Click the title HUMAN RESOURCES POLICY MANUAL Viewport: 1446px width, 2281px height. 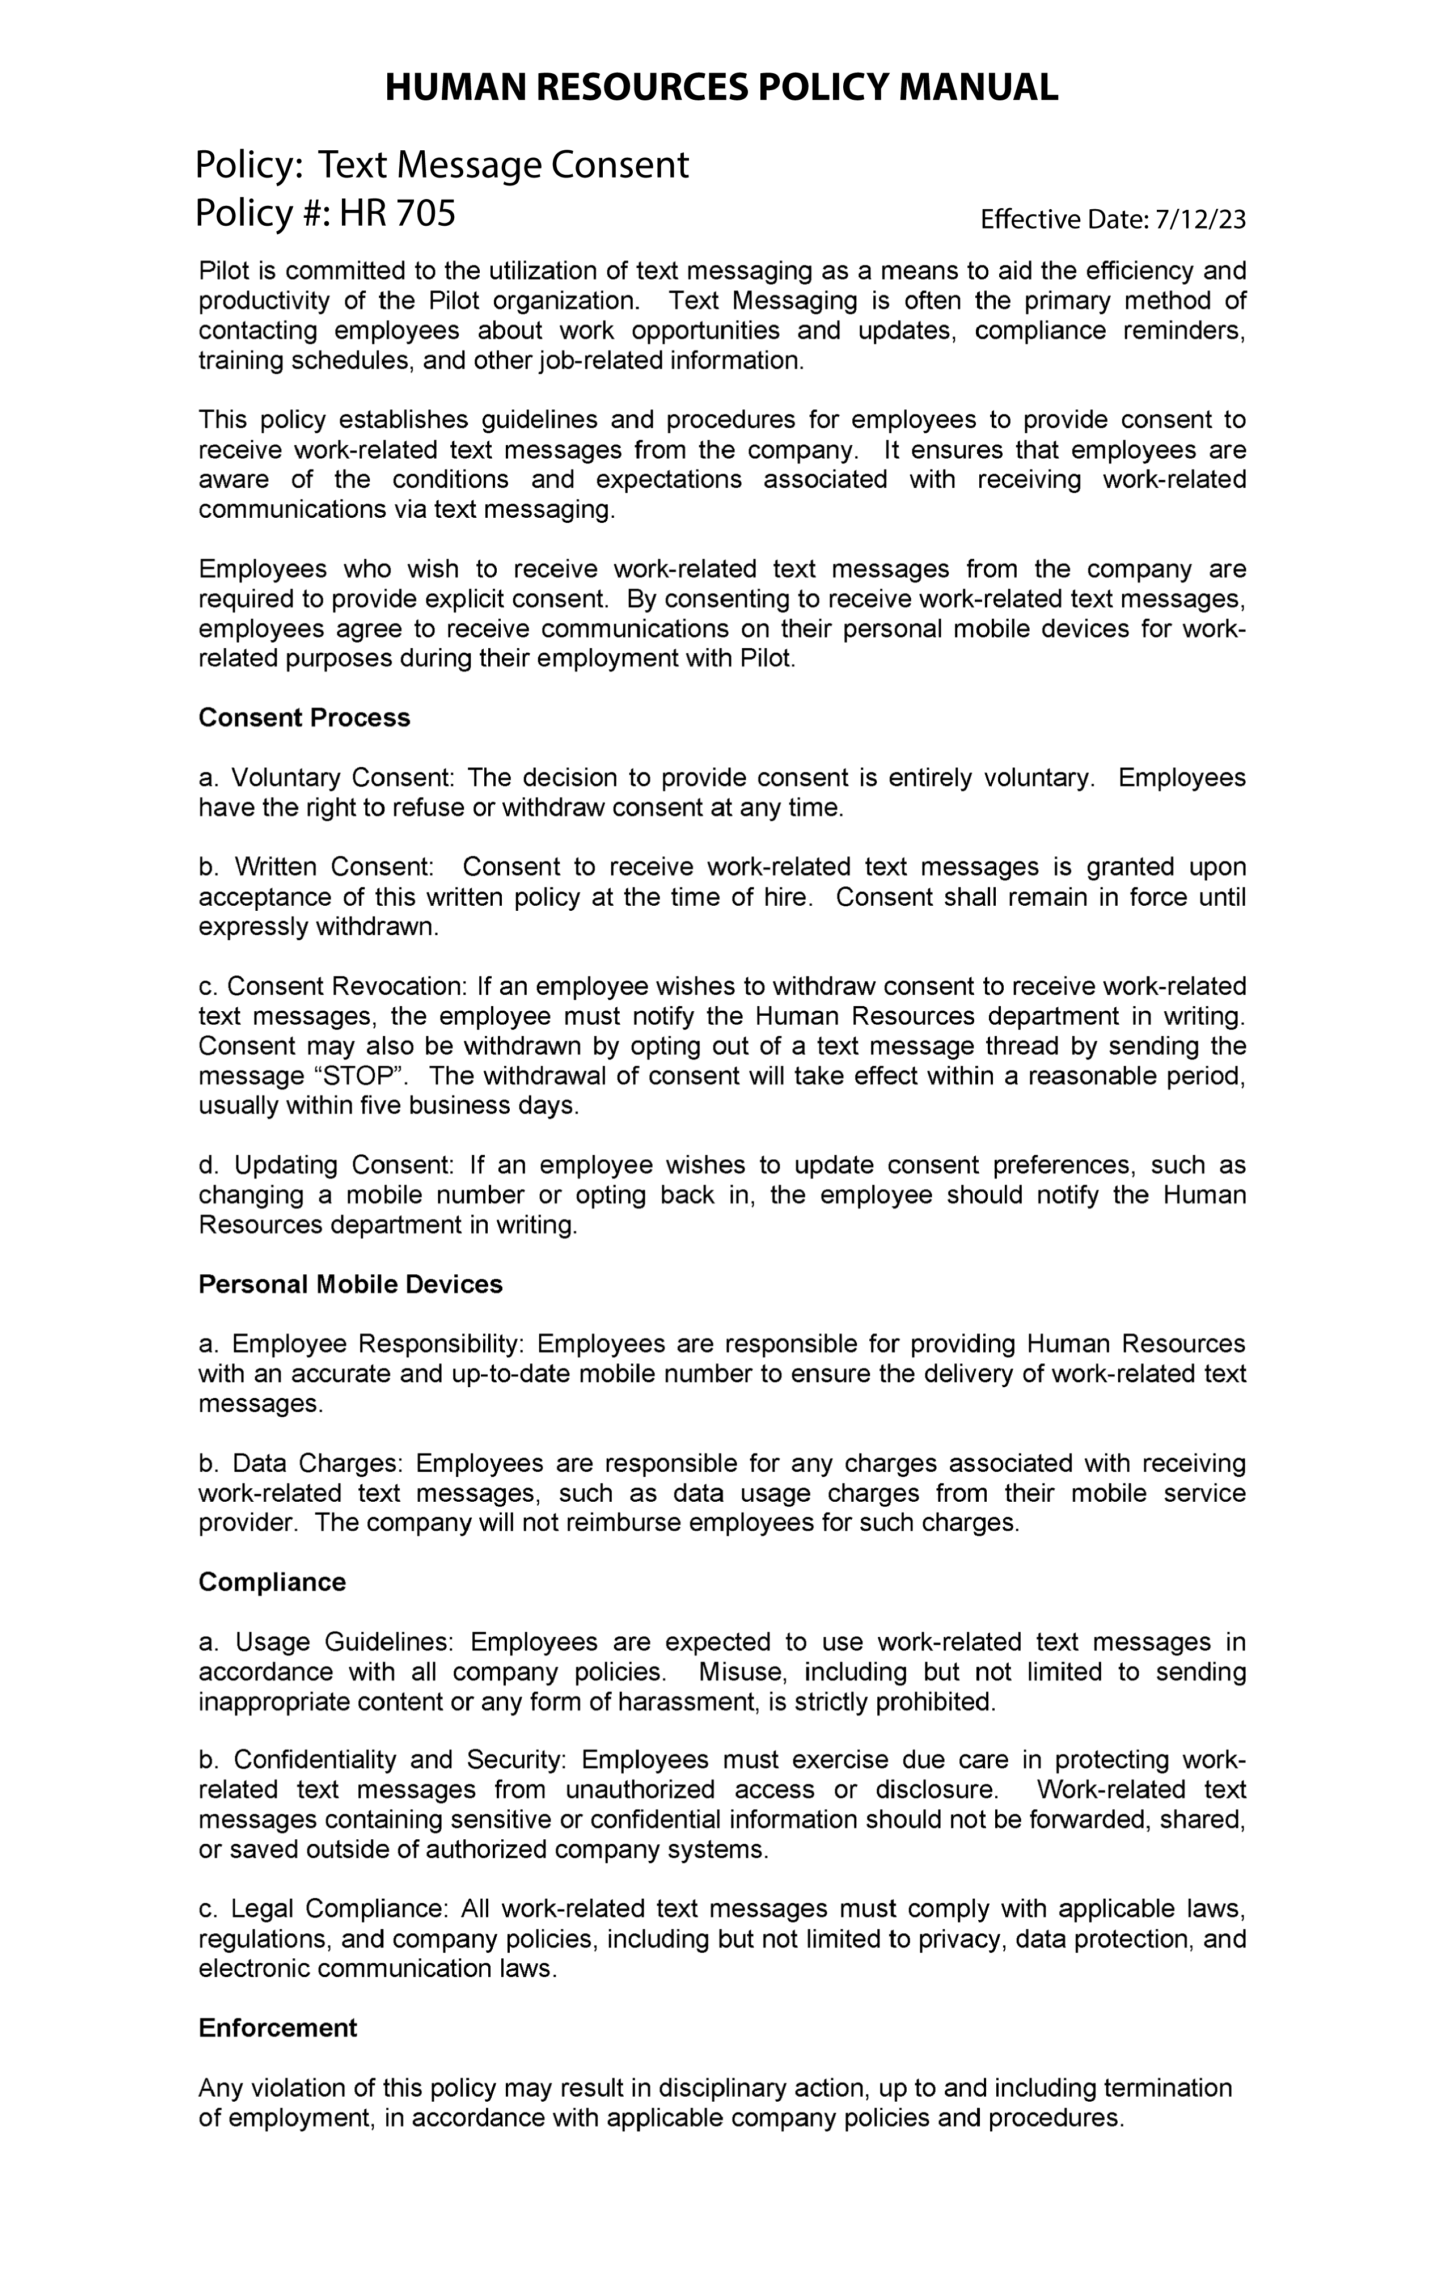pyautogui.click(x=721, y=88)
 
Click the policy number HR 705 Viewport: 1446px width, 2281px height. pyautogui.click(x=398, y=214)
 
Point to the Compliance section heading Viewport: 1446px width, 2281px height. pyautogui.click(x=272, y=1582)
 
